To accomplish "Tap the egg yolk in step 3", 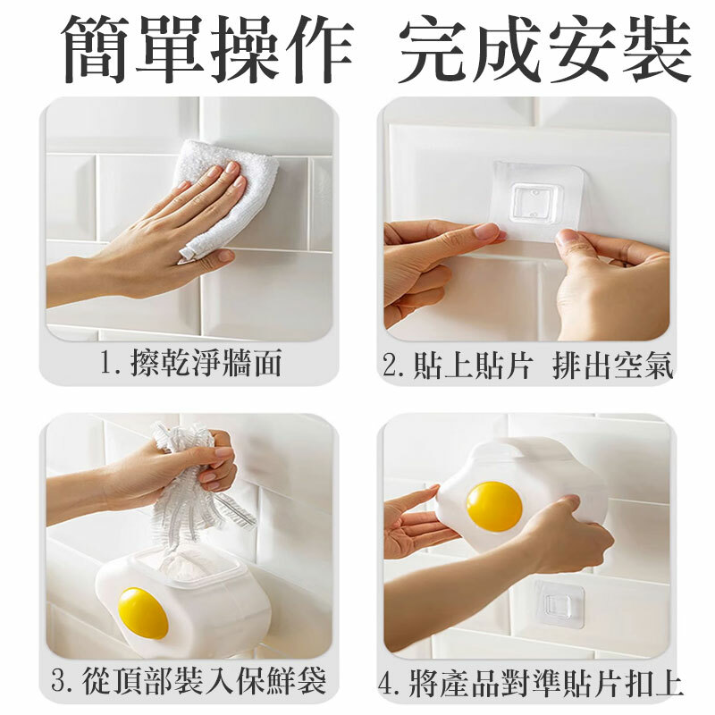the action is point(143,613).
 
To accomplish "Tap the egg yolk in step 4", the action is point(494,507).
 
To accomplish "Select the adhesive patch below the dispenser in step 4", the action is point(559,604).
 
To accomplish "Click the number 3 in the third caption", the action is point(60,680).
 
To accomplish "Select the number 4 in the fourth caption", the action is point(387,683).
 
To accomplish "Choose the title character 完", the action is point(432,49).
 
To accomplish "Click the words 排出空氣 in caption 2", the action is point(612,365).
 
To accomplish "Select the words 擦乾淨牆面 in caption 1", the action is point(206,364).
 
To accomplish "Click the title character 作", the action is point(319,49).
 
